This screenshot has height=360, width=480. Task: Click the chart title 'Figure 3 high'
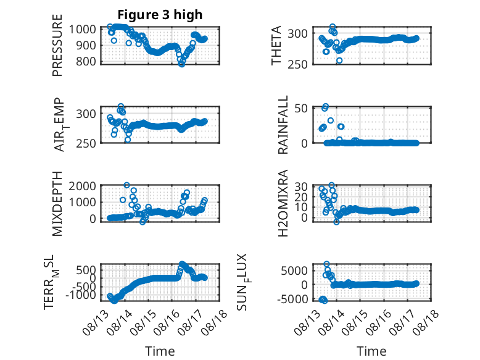pyautogui.click(x=160, y=15)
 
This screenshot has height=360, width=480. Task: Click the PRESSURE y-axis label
pyautogui.click(x=57, y=45)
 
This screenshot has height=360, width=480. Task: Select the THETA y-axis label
pyautogui.click(x=276, y=45)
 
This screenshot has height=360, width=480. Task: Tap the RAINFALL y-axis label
pyautogui.click(x=283, y=124)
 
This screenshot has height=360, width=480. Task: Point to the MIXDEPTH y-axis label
pyautogui.click(x=57, y=203)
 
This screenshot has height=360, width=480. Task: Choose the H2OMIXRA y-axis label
pyautogui.click(x=283, y=203)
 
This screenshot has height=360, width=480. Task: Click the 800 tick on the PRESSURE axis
pyautogui.click(x=86, y=61)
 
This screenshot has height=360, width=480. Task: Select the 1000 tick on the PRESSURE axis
pyautogui.click(x=83, y=30)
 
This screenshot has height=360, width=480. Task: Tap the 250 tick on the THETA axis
pyautogui.click(x=297, y=65)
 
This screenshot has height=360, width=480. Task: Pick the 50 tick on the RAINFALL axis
pyautogui.click(x=301, y=108)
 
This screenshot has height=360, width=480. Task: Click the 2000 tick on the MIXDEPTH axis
pyautogui.click(x=83, y=186)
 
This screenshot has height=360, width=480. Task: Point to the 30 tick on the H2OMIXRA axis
pyautogui.click(x=301, y=186)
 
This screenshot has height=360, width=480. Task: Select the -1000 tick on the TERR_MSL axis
pyautogui.click(x=81, y=295)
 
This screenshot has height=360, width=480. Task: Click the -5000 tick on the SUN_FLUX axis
pyautogui.click(x=292, y=299)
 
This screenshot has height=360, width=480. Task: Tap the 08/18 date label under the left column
pyautogui.click(x=217, y=319)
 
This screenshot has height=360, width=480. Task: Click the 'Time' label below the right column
pyautogui.click(x=371, y=351)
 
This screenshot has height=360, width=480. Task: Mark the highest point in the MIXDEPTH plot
pyautogui.click(x=126, y=185)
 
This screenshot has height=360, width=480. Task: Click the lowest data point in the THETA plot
pyautogui.click(x=339, y=61)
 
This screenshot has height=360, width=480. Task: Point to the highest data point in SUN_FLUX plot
pyautogui.click(x=326, y=264)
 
